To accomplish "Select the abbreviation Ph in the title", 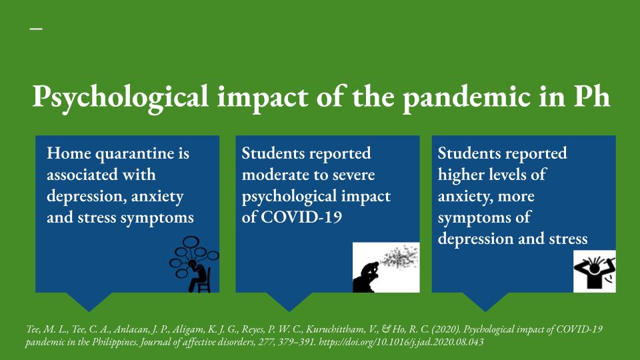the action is click(591, 96).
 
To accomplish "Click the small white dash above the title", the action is click(36, 29).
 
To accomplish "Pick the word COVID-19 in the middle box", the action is click(301, 217).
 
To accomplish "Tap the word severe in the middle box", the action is click(353, 175).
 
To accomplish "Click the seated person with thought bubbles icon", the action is click(194, 265).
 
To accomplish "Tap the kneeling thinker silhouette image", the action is click(386, 267).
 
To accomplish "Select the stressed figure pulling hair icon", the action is click(594, 271).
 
